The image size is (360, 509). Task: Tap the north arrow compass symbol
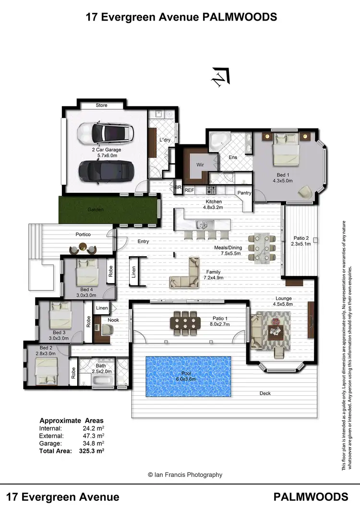click(x=221, y=77)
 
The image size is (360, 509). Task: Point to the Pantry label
click(x=244, y=193)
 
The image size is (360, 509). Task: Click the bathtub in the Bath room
click(x=102, y=382)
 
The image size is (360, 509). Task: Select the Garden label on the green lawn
click(x=95, y=210)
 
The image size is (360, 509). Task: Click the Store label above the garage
click(x=101, y=105)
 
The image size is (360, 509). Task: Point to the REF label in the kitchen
click(x=189, y=190)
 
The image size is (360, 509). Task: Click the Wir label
click(x=201, y=164)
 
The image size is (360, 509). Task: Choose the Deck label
click(x=265, y=393)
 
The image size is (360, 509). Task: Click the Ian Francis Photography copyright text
click(x=185, y=474)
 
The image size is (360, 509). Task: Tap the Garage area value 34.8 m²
click(x=94, y=444)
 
